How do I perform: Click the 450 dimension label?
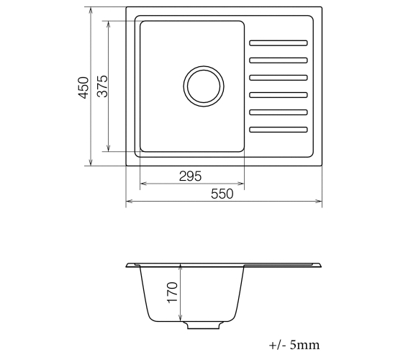(x=83, y=87)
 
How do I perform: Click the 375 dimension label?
(x=102, y=86)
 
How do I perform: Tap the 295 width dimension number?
(x=191, y=176)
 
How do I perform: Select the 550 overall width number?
(x=222, y=194)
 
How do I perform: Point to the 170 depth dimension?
(x=172, y=292)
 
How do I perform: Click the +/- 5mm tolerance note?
(x=294, y=345)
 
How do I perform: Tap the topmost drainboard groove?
(x=279, y=43)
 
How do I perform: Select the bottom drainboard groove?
(x=279, y=130)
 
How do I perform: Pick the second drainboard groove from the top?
(x=279, y=60)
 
